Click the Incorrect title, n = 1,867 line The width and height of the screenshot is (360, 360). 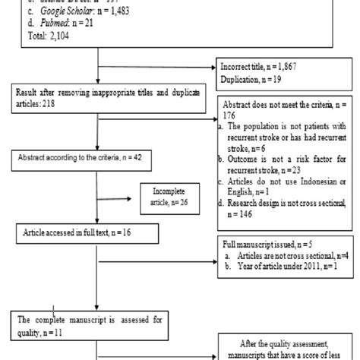[x=263, y=66]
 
